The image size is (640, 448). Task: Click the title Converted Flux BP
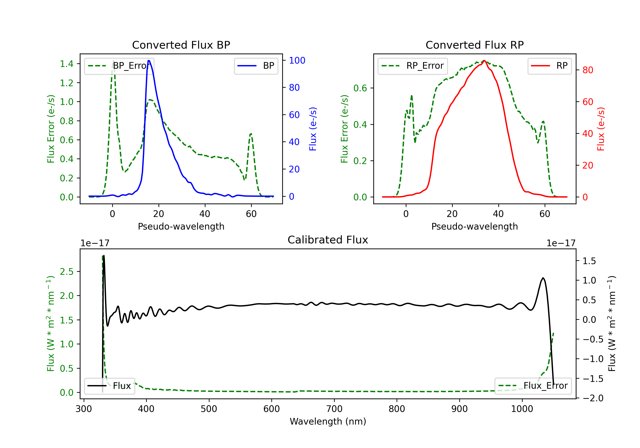tap(181, 45)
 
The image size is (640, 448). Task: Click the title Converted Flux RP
tap(474, 45)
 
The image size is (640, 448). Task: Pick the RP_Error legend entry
tap(413, 66)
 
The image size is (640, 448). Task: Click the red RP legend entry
tap(549, 66)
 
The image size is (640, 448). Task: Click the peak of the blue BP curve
tap(149, 61)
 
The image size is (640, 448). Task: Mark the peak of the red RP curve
tap(484, 61)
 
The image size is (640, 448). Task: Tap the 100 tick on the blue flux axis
tap(297, 61)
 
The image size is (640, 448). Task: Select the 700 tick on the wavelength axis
tap(334, 409)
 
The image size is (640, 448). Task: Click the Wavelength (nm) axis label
tap(328, 421)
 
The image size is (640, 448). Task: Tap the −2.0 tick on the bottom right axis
tap(593, 398)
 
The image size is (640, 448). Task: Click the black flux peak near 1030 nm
tap(543, 278)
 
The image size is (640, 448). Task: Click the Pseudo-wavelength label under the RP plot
tap(474, 226)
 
